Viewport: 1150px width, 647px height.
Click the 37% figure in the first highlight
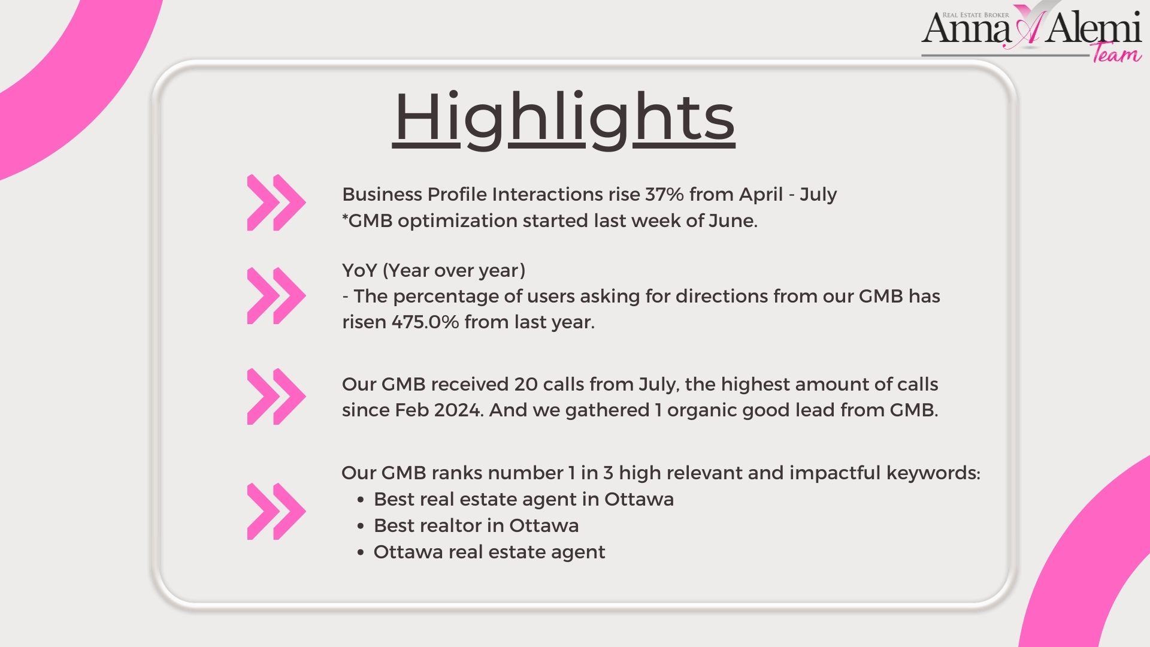point(664,194)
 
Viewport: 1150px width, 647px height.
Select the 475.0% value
point(425,322)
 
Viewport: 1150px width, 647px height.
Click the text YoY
point(359,270)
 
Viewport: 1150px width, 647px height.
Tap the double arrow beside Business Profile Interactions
point(276,202)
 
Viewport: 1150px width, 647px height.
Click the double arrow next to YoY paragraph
point(276,296)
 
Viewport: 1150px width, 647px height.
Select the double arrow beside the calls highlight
point(276,397)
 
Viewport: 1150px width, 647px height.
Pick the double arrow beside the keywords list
point(276,512)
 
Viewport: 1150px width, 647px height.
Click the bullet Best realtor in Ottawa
point(476,525)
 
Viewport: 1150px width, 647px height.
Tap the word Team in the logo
point(1115,53)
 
